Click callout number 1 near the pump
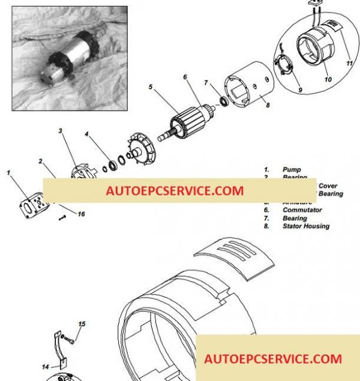[x=9, y=173]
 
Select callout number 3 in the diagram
[x=61, y=130]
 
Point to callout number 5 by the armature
[x=152, y=88]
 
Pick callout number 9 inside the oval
[x=301, y=91]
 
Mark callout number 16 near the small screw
[x=81, y=214]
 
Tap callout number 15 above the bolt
[x=82, y=324]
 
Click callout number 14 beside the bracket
[x=45, y=366]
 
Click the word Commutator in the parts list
[x=302, y=210]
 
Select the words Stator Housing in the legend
[x=305, y=226]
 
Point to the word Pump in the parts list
[x=292, y=170]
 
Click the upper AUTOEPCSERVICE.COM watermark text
[x=175, y=191]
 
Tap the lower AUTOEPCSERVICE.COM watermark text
[x=273, y=359]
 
